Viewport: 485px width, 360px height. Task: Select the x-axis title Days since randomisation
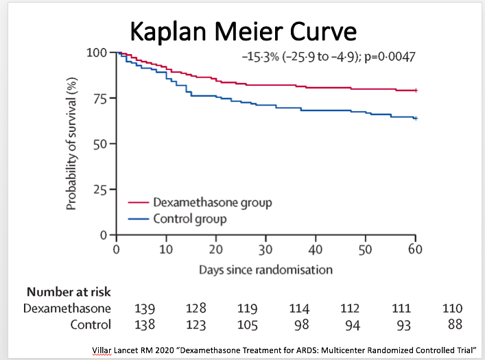[265, 269]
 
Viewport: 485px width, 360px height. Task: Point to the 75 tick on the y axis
[100, 98]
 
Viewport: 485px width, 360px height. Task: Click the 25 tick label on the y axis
[100, 189]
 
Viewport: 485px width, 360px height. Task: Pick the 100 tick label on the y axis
[97, 53]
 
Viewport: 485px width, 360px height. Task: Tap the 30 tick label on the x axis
[265, 249]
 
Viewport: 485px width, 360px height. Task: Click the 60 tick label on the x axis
[414, 249]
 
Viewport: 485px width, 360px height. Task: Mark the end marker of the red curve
[415, 90]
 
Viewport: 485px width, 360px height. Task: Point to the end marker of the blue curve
[415, 118]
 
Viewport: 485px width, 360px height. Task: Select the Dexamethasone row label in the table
[67, 309]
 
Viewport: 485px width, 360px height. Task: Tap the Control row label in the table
[90, 324]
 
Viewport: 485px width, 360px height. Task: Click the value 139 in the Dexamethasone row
[146, 309]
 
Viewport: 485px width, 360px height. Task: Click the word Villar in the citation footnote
[103, 350]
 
